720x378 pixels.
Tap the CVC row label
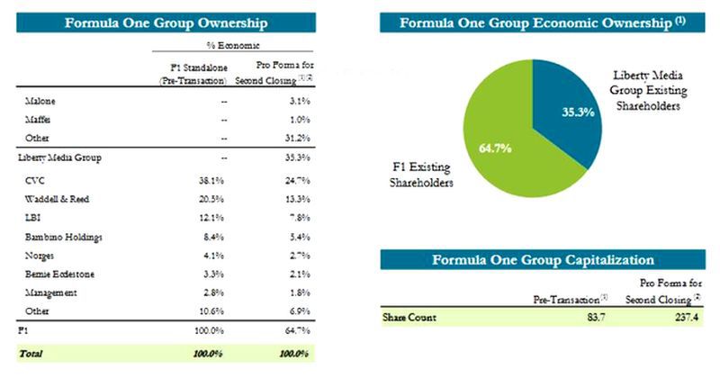37,179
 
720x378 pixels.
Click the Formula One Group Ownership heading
166,22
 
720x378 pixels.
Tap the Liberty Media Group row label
56,157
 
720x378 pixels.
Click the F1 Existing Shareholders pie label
424,174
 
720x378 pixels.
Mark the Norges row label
40,255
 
